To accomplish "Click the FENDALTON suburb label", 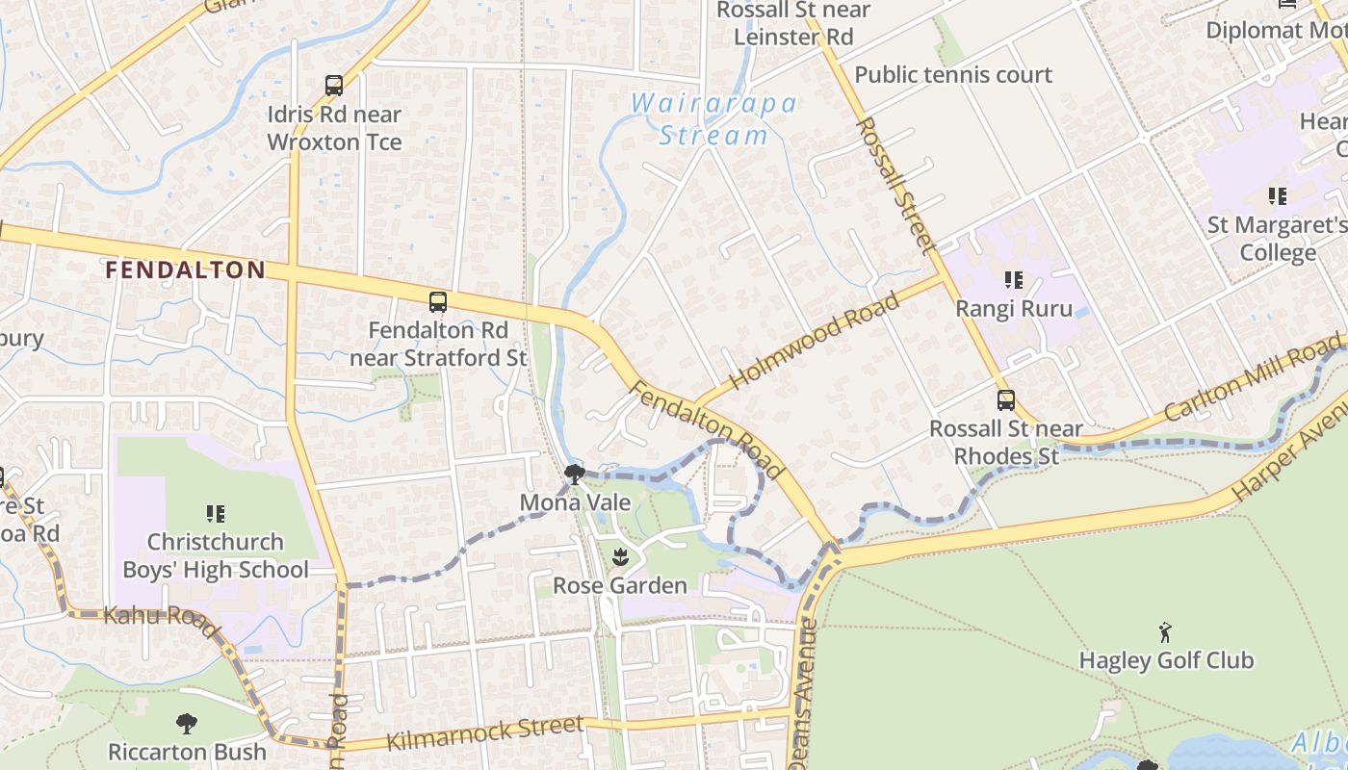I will click(x=185, y=270).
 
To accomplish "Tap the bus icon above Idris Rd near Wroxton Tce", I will click(x=334, y=86).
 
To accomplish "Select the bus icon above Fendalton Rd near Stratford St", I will click(x=438, y=302).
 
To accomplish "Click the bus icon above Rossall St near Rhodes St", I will click(x=1006, y=400).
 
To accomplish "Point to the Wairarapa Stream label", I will click(x=713, y=119).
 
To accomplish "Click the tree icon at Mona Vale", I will click(x=574, y=474).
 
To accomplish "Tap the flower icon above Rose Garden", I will click(x=620, y=556).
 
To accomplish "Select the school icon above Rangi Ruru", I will click(x=1013, y=280).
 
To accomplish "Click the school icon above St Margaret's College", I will click(x=1278, y=196).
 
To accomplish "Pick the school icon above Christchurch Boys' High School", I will click(x=216, y=514).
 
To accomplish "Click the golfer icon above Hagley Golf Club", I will click(x=1166, y=632).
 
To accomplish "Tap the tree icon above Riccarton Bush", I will click(x=187, y=723).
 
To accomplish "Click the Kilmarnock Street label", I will click(x=485, y=733).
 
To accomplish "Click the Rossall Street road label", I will click(x=895, y=185).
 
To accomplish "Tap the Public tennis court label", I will click(x=953, y=75).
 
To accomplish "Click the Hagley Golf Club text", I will click(x=1166, y=660).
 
